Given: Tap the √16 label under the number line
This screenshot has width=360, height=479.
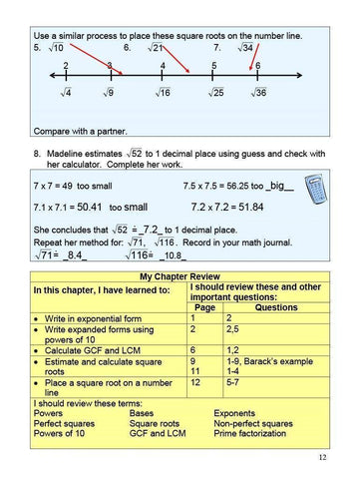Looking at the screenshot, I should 163,93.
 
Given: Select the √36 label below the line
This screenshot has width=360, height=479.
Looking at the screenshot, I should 258,93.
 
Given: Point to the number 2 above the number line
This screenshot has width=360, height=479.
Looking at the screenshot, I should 66,66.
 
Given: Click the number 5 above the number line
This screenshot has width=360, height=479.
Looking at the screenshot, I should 212,66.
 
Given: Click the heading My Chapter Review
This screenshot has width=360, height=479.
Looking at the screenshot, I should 180,276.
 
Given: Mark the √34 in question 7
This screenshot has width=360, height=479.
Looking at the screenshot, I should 244,47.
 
